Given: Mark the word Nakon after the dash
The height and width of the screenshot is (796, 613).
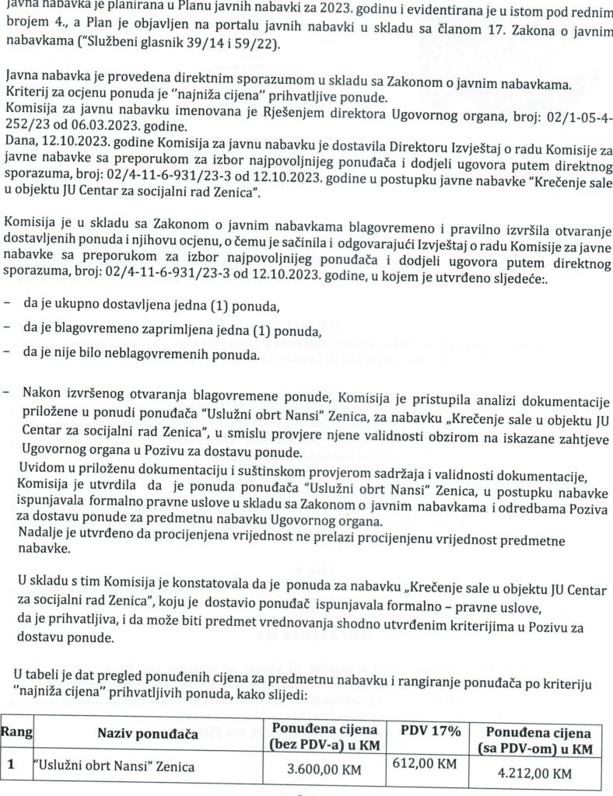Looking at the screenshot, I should (42, 395).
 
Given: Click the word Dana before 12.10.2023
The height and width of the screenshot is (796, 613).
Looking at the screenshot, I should (20, 143).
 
